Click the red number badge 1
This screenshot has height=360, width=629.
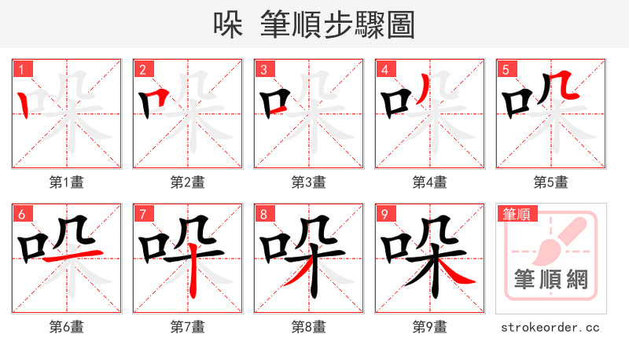(x=21, y=69)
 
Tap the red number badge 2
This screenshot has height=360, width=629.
(x=142, y=69)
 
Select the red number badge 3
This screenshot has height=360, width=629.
(x=263, y=69)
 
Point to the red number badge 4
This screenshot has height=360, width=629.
(x=384, y=69)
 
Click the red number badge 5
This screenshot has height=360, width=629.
(x=506, y=69)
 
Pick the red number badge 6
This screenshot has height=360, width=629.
(x=21, y=214)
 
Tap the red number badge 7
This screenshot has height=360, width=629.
(x=142, y=214)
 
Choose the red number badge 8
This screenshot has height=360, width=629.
(x=263, y=214)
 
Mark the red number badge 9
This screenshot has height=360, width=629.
(x=384, y=214)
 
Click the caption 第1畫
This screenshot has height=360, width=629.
(x=67, y=182)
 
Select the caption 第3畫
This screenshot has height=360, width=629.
(x=309, y=182)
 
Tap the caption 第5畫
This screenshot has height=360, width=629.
(x=551, y=182)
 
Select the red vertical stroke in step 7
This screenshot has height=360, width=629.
(x=193, y=275)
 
